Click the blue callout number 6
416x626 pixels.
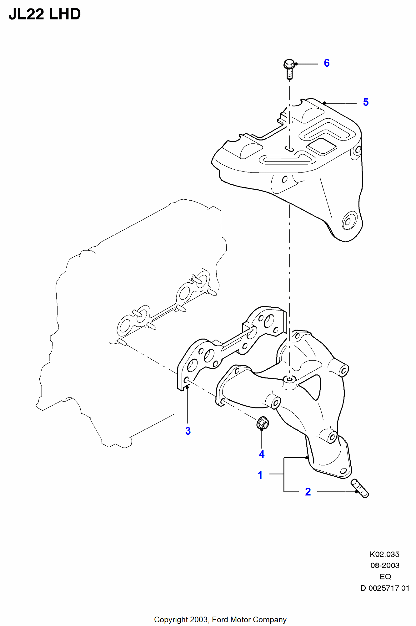click(x=327, y=63)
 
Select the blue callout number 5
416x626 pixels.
click(x=366, y=102)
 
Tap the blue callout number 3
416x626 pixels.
click(x=188, y=431)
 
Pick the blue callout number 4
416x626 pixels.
click(x=262, y=454)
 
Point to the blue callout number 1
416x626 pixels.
click(x=260, y=475)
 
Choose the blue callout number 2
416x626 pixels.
click(x=308, y=492)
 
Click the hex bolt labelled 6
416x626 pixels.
click(x=289, y=69)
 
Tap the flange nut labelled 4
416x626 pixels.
click(x=263, y=423)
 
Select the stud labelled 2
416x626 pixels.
click(x=360, y=488)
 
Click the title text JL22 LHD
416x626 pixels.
click(x=45, y=14)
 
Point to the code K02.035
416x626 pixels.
click(x=384, y=554)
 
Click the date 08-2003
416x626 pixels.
click(x=385, y=566)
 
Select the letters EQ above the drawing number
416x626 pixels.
click(x=385, y=577)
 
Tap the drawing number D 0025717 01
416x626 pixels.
click(x=385, y=588)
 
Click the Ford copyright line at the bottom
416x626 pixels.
click(x=220, y=620)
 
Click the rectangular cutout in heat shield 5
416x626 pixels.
click(x=322, y=146)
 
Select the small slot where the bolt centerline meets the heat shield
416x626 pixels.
click(x=289, y=149)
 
